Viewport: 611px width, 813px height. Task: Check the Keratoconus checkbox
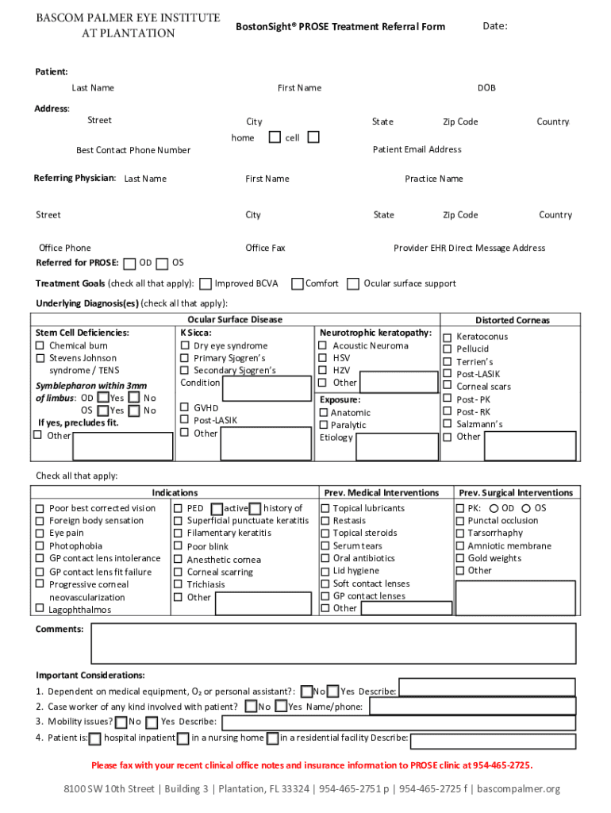[448, 337]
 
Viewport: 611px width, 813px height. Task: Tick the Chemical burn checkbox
[39, 346]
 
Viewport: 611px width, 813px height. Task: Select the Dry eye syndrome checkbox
[184, 346]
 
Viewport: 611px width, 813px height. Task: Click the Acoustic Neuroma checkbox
[323, 346]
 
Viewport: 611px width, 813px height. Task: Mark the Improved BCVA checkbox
[206, 283]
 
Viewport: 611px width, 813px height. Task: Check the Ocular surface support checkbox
[353, 283]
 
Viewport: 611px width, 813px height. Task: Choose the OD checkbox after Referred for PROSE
[129, 264]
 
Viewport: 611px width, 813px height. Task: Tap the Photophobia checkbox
[39, 546]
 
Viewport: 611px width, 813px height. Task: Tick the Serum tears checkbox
[325, 546]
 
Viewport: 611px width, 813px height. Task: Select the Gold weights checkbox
[460, 558]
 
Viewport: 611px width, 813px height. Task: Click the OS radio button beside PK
[526, 508]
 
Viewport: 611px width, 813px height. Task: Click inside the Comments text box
[333, 643]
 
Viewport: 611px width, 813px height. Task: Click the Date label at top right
[494, 26]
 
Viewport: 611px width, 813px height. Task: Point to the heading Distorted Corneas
[512, 321]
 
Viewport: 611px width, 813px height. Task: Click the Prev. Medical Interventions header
[382, 493]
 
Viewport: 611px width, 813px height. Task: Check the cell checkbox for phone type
[313, 137]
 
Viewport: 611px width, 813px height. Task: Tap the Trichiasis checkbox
[179, 584]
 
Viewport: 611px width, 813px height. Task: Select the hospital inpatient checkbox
[95, 738]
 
